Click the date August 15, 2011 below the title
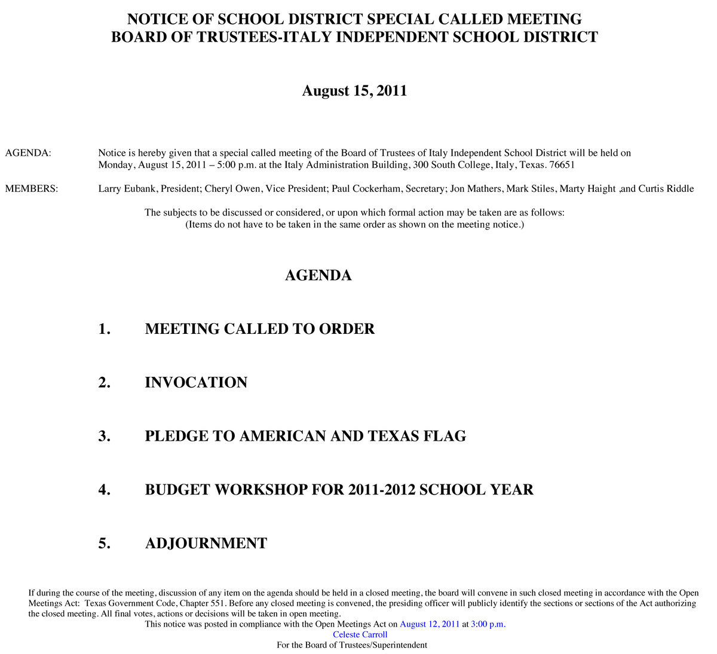(x=354, y=91)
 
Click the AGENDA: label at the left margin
(x=28, y=153)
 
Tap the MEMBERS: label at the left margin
(x=32, y=189)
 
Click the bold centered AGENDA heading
(x=318, y=275)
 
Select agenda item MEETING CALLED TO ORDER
(x=259, y=329)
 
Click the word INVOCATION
(x=196, y=383)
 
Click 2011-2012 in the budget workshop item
(x=382, y=490)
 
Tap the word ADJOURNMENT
(x=206, y=544)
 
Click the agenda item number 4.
(x=104, y=490)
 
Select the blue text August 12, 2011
(x=430, y=624)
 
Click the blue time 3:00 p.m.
(x=488, y=624)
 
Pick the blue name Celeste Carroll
(x=360, y=634)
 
